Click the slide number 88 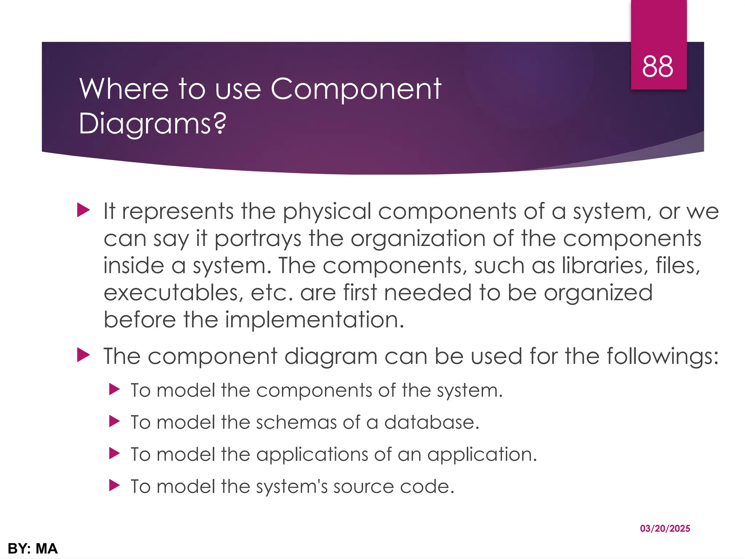click(x=657, y=67)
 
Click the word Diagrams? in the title click(x=152, y=124)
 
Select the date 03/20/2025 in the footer click(x=665, y=528)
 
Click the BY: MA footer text click(x=33, y=548)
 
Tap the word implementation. click(x=315, y=320)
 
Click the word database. click(x=432, y=423)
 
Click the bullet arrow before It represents click(x=83, y=210)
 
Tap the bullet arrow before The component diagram click(x=83, y=355)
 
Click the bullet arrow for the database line click(x=114, y=421)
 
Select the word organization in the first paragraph click(x=418, y=239)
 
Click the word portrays click(x=258, y=239)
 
